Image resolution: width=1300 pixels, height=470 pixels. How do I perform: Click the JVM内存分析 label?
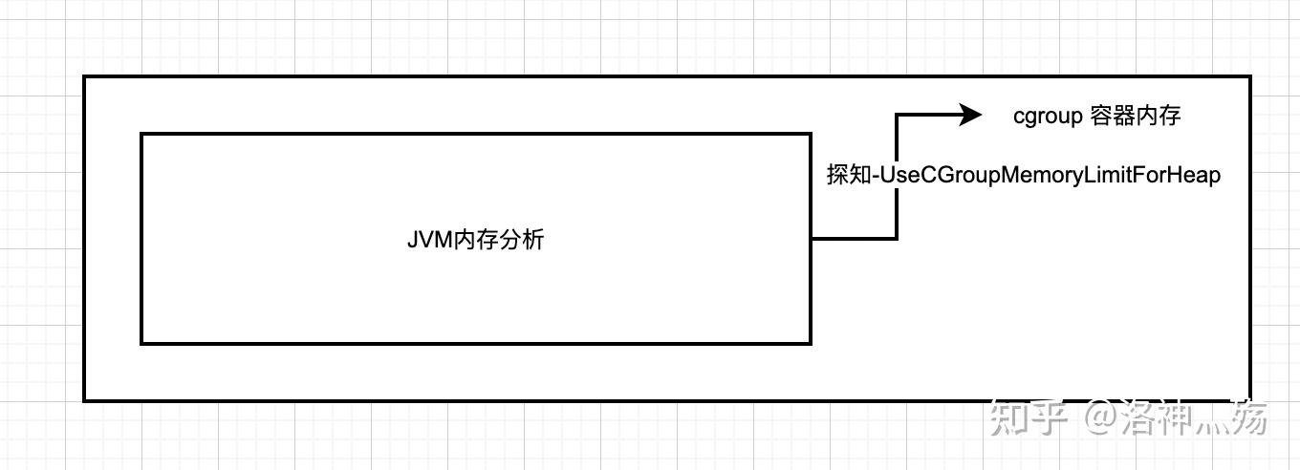[475, 239]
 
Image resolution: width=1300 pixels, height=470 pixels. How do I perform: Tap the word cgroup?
[1048, 116]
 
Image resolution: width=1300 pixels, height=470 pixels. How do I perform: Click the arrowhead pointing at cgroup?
[970, 115]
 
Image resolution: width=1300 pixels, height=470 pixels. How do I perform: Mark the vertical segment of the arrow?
[897, 177]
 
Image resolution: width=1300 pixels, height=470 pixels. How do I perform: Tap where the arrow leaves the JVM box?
[812, 238]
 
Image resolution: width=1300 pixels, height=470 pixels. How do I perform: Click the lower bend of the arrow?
[897, 238]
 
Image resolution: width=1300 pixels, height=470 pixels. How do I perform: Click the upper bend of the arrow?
[897, 115]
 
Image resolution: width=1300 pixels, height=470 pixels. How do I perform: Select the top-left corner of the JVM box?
[141, 134]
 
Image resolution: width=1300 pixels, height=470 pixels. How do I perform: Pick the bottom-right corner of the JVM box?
[811, 342]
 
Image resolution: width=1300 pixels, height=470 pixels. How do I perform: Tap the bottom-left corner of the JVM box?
[141, 342]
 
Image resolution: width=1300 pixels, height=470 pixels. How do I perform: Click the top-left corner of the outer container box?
[84, 76]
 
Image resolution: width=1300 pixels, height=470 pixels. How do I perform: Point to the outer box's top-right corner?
[1250, 76]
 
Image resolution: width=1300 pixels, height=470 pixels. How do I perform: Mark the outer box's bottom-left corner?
[84, 399]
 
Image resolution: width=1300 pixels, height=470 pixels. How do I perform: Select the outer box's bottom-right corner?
[1250, 399]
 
